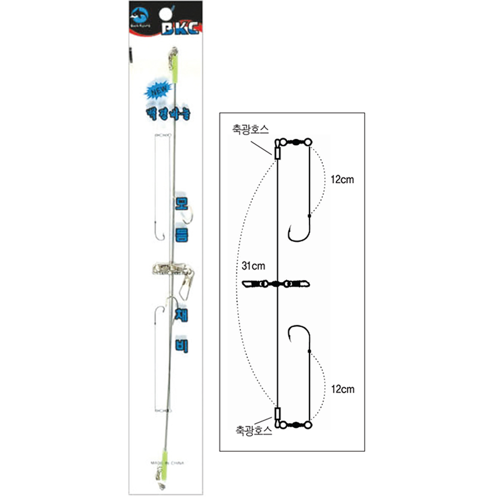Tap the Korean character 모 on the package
click(x=181, y=204)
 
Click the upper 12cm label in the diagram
click(x=343, y=179)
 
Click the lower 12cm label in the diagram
click(x=343, y=389)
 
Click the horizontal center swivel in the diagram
click(x=277, y=284)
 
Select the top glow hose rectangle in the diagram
click(x=277, y=153)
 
